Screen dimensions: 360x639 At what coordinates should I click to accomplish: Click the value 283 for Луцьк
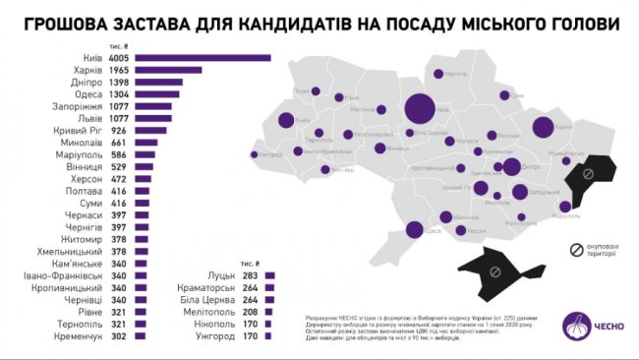coord(252,275)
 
